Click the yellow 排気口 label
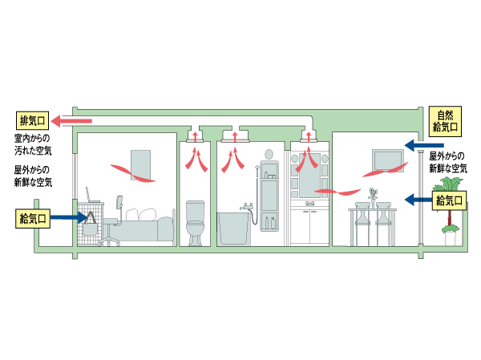coord(34,121)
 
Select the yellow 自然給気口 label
coord(446,120)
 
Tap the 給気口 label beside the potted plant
coord(451,200)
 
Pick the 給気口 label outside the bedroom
coord(34,217)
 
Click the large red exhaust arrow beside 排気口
coord(72,121)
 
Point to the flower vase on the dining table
coord(372,195)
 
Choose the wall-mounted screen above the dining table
coord(386,161)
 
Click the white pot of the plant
coord(451,240)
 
